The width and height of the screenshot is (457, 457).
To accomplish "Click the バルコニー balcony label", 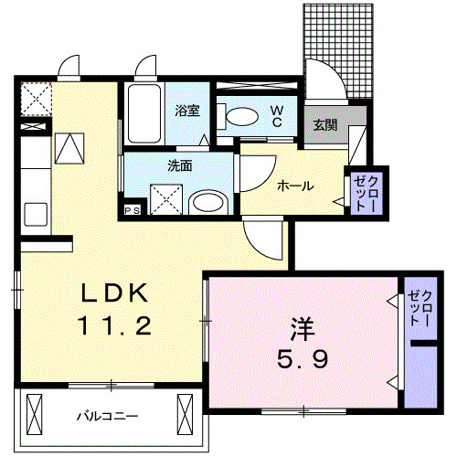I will [107, 416].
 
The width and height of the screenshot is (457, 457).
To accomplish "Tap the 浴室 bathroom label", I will [187, 111].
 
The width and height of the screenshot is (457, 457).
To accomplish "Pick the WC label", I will [275, 115].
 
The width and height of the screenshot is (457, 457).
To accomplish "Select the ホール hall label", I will [295, 186].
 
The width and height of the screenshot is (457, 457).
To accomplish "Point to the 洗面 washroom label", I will [179, 166].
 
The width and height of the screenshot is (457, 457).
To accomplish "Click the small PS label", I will [133, 210].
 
